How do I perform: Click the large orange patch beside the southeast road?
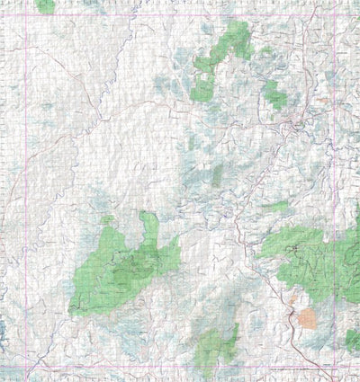click(307, 318)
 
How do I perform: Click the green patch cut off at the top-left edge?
click(45, 5)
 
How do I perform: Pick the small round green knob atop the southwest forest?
click(107, 219)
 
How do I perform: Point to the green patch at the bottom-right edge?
click(352, 339)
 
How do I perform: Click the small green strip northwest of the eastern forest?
click(277, 207)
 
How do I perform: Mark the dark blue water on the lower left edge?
click(4, 328)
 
